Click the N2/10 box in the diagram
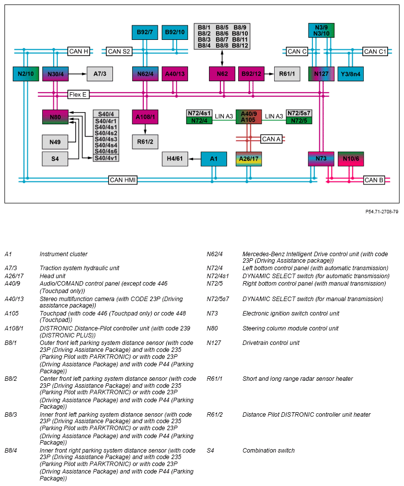point(26,74)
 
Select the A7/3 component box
point(100,74)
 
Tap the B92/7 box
point(145,32)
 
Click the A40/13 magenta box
point(175,74)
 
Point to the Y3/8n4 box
point(350,74)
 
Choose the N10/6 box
point(351,159)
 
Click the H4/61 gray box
point(175,159)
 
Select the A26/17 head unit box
point(249,159)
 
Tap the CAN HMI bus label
point(123,180)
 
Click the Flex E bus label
point(78,95)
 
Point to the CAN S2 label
point(119,51)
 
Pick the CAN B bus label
point(374,180)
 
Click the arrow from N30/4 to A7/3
point(78,74)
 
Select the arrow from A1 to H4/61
point(195,159)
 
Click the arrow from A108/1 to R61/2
point(145,129)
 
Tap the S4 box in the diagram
point(55,159)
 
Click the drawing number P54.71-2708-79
point(382,212)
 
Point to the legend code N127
point(214,343)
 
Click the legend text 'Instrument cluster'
point(64,254)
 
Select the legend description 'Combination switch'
point(269,450)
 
